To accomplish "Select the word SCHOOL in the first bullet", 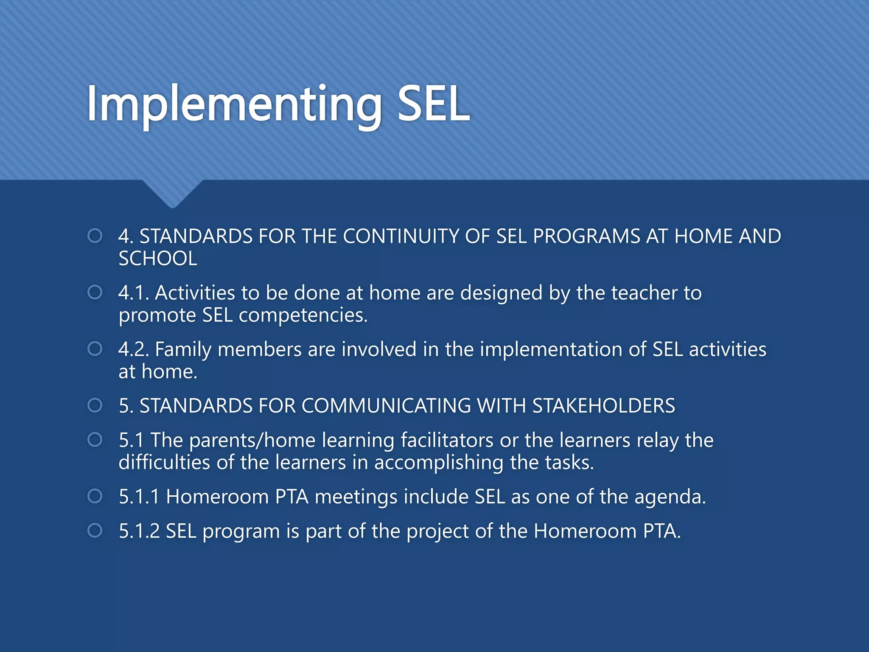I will pyautogui.click(x=158, y=259).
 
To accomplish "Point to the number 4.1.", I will pyautogui.click(x=133, y=293).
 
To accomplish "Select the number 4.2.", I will pyautogui.click(x=133, y=349).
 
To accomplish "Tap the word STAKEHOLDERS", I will pyautogui.click(x=603, y=406).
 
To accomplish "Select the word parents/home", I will pyautogui.click(x=252, y=441).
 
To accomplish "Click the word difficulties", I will pyautogui.click(x=164, y=462).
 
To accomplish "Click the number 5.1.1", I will pyautogui.click(x=139, y=497).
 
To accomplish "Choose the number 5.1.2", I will pyautogui.click(x=139, y=531).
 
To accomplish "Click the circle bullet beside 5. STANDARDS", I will pyautogui.click(x=95, y=405).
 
